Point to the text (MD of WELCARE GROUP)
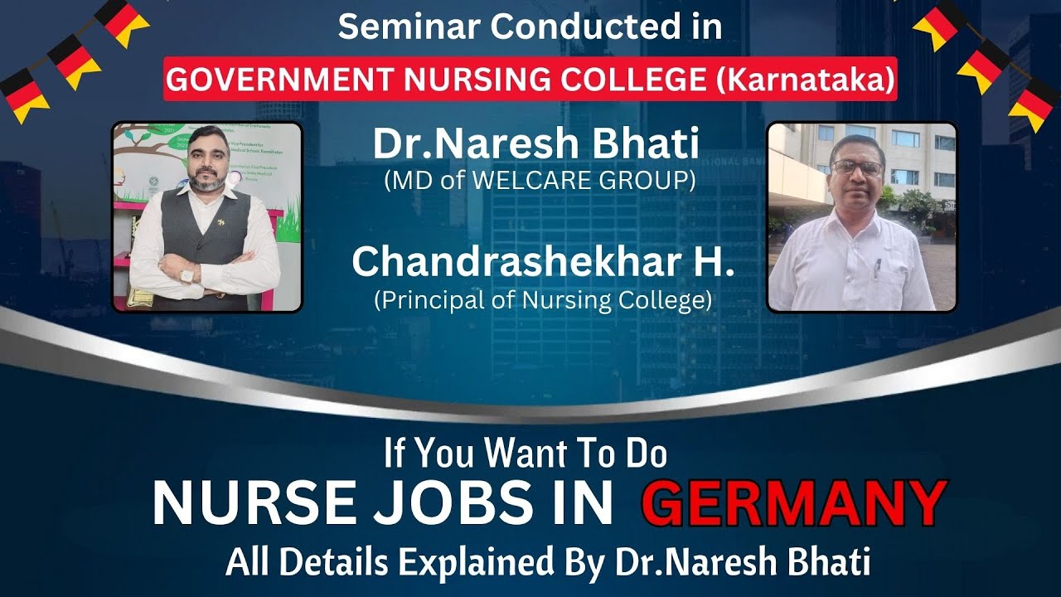(540, 181)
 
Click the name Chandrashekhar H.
(543, 262)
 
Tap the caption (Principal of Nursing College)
(543, 300)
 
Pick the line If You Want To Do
(526, 454)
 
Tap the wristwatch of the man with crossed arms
(188, 273)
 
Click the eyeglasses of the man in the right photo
(857, 167)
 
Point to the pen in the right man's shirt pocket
(878, 267)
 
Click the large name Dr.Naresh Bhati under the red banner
(536, 143)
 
